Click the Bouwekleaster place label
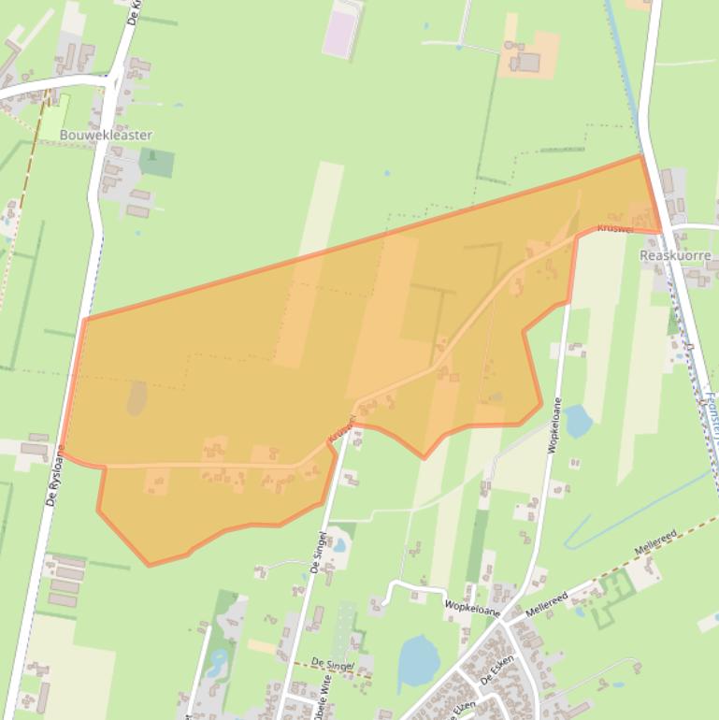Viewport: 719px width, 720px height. pos(105,135)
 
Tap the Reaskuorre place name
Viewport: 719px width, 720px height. pos(675,255)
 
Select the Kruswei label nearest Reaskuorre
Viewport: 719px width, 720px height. pos(616,227)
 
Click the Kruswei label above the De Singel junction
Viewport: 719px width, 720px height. pos(341,431)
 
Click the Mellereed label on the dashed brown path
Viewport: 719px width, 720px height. pos(654,541)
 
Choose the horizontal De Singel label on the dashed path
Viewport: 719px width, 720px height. pos(333,665)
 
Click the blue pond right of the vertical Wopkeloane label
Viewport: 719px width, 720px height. pos(578,422)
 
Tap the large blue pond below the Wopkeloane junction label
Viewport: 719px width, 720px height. pos(418,661)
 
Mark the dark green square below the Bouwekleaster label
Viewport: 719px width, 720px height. pos(156,162)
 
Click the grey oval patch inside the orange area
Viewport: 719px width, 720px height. pos(137,398)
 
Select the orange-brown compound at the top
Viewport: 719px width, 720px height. pos(529,55)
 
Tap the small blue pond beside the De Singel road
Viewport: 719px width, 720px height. pos(339,544)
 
